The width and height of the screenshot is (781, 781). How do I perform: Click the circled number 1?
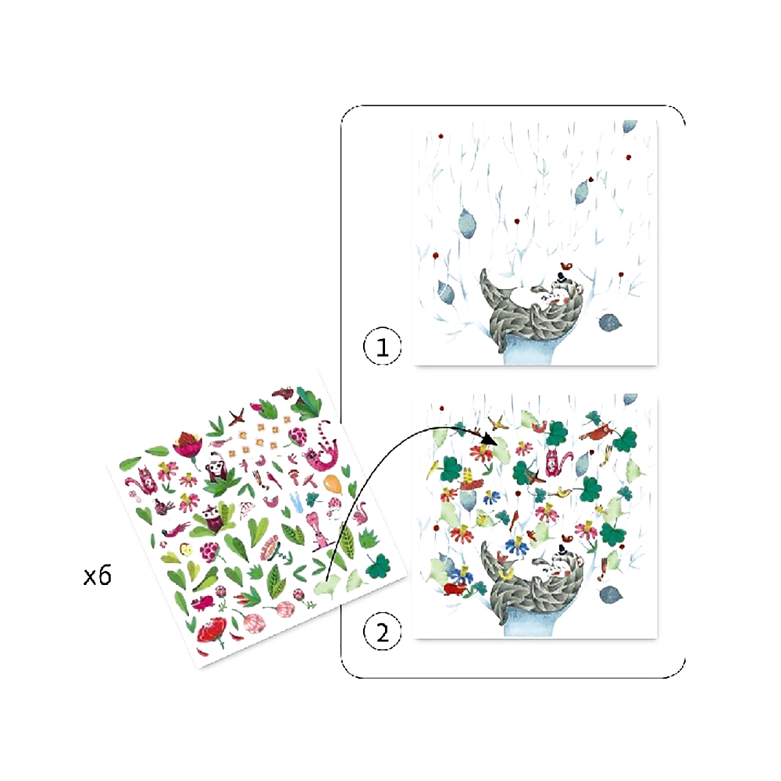[383, 346]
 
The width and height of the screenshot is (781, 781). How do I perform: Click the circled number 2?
[383, 632]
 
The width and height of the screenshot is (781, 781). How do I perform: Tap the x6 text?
[98, 576]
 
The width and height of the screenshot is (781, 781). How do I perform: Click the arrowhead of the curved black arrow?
[489, 438]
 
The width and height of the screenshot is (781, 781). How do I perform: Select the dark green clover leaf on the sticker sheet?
[379, 565]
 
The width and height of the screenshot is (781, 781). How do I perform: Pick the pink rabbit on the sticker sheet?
[319, 532]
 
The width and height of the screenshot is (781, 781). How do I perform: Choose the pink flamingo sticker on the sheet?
[359, 514]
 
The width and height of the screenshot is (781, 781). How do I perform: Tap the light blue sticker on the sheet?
[297, 502]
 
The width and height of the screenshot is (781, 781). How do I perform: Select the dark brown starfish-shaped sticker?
[237, 417]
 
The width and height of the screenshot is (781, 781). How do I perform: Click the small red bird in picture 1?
[565, 266]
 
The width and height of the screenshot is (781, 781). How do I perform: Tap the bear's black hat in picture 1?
[562, 277]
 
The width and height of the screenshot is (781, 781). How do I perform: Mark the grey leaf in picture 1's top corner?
[629, 126]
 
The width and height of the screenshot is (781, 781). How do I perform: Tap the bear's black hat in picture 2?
[562, 549]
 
